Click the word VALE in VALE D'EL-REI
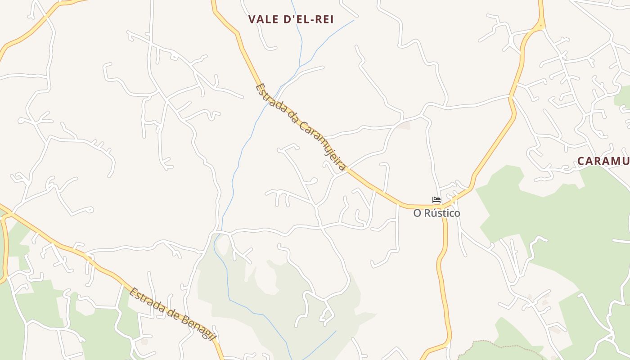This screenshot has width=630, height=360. point(262,19)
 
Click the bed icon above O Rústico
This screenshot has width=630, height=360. point(436,200)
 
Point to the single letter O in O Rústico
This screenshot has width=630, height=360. point(417,213)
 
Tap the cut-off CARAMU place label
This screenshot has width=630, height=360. point(603,161)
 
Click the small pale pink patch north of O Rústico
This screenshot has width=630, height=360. point(404,125)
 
